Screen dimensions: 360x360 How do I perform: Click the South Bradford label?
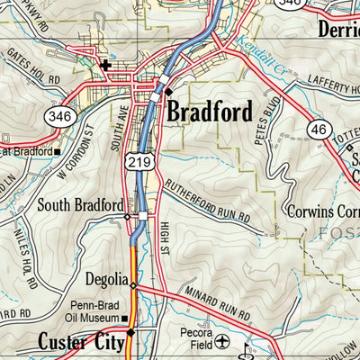point(79,205)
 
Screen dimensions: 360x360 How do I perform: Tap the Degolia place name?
point(106,279)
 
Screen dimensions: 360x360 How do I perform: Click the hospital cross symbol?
point(106,65)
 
